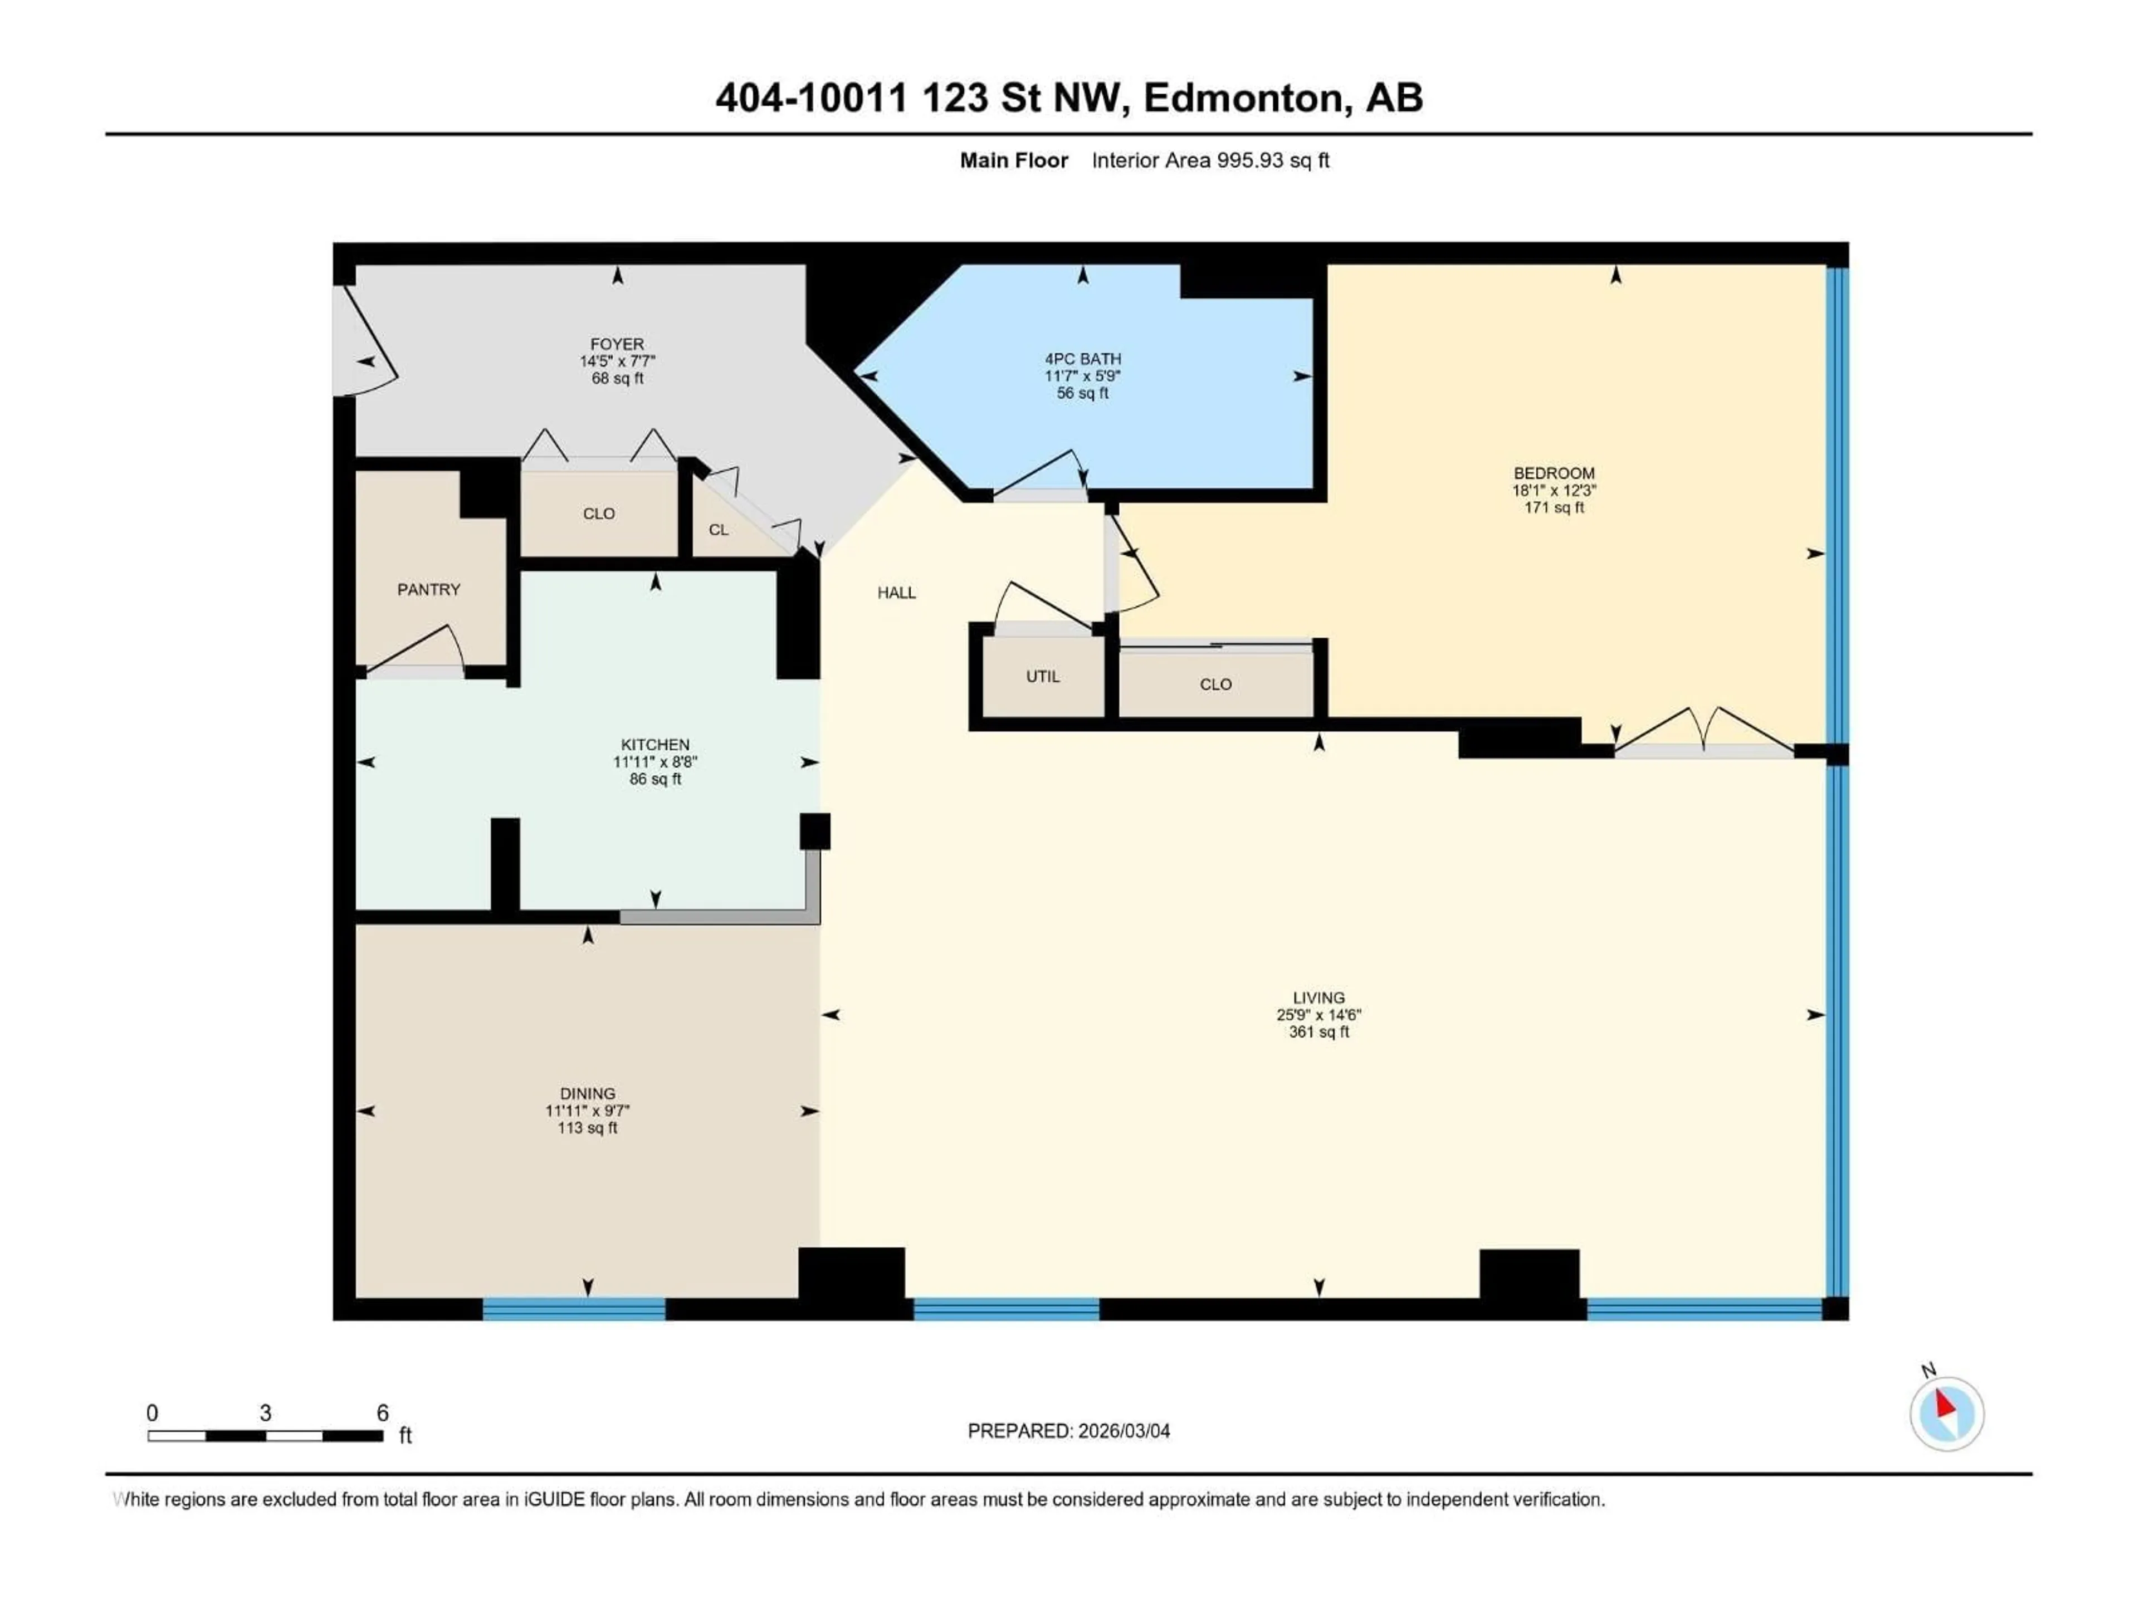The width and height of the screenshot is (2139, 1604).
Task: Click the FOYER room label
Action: click(x=617, y=344)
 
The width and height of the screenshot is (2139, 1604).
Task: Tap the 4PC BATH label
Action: click(x=1082, y=359)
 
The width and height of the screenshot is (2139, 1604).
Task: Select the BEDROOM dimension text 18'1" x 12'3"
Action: click(x=1554, y=490)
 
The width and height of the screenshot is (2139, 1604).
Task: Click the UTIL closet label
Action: click(x=1042, y=676)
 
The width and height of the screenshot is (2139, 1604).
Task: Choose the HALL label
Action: click(x=896, y=593)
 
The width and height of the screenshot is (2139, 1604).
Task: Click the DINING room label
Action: click(x=587, y=1093)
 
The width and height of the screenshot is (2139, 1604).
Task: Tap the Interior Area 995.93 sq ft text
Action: click(x=1210, y=160)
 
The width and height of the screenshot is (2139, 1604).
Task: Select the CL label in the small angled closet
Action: click(x=719, y=530)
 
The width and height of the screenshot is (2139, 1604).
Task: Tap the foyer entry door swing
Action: click(x=365, y=348)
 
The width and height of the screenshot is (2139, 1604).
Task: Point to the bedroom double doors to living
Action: click(x=1704, y=735)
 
